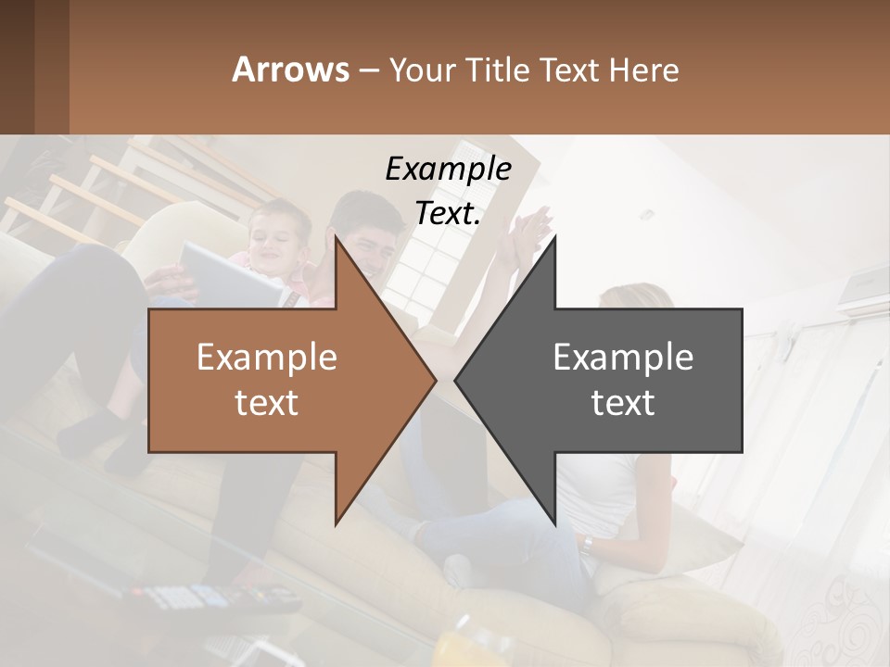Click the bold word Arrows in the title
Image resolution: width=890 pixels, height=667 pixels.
(x=290, y=69)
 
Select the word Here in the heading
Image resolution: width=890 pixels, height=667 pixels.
(x=643, y=69)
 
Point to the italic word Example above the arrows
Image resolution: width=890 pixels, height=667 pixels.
(x=448, y=169)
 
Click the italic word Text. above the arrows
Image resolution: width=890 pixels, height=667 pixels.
(x=448, y=213)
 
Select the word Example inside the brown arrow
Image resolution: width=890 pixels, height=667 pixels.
(x=267, y=358)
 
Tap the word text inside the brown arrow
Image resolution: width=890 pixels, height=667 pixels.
(x=267, y=403)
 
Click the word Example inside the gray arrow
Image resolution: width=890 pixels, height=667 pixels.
(x=623, y=358)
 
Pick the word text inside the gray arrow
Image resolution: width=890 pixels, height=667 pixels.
(x=623, y=403)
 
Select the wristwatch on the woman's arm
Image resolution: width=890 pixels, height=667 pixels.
(x=587, y=544)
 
